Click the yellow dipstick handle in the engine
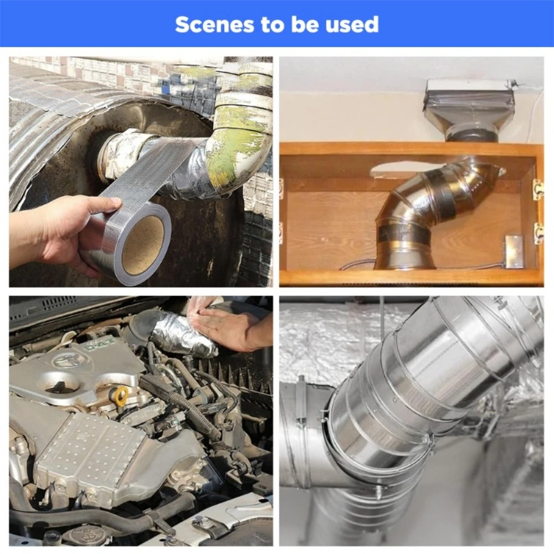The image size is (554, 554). pos(121,394)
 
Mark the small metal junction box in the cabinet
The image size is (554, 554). pos(513,251)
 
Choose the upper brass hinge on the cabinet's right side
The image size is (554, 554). pos(538,189)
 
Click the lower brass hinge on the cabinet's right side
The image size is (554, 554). pos(538,233)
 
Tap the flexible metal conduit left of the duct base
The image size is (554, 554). pos(357,264)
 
